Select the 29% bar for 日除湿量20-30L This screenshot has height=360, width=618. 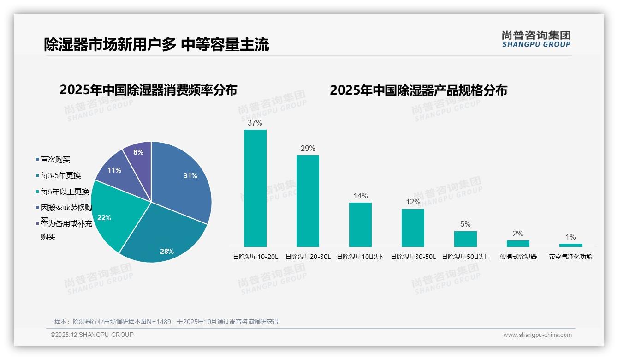point(308,201)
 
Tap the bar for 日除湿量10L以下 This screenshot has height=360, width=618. point(360,225)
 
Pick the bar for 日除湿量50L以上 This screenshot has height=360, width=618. point(465,239)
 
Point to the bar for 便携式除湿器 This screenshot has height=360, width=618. point(518,243)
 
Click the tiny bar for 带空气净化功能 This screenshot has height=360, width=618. point(570,245)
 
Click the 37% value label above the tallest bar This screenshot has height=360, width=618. point(255,123)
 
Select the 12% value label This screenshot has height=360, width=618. point(413,202)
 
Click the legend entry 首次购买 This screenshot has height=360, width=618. point(55,159)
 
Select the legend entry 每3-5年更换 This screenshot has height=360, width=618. point(60,175)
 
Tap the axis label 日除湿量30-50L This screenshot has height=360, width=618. point(413,257)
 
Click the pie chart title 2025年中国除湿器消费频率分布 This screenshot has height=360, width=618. point(148,90)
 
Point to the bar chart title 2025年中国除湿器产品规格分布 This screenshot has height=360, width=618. point(418,90)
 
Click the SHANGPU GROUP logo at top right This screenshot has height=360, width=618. point(536,39)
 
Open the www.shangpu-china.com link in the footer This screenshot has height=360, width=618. point(537,335)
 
